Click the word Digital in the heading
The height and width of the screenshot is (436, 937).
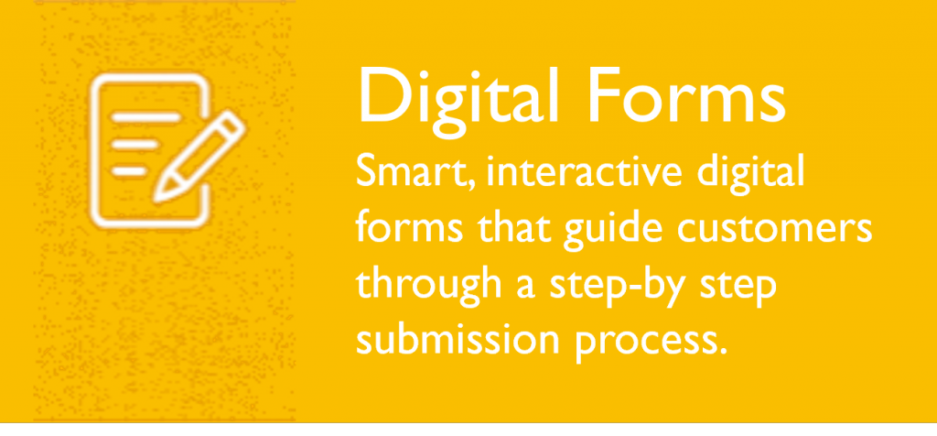point(458,98)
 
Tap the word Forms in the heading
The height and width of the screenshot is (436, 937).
point(686,94)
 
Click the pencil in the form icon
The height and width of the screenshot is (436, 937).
point(199,156)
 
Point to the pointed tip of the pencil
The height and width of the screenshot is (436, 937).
point(156,198)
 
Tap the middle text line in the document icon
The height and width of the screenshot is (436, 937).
point(136,145)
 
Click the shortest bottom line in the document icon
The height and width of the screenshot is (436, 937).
point(129,171)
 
